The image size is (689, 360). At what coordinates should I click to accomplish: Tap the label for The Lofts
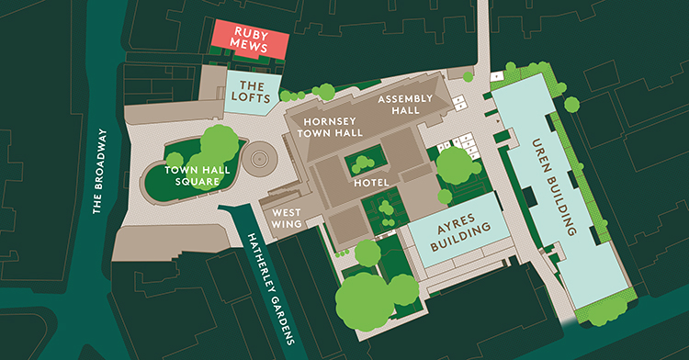pos(246,92)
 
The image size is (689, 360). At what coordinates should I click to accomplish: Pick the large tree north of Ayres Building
pos(453,166)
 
